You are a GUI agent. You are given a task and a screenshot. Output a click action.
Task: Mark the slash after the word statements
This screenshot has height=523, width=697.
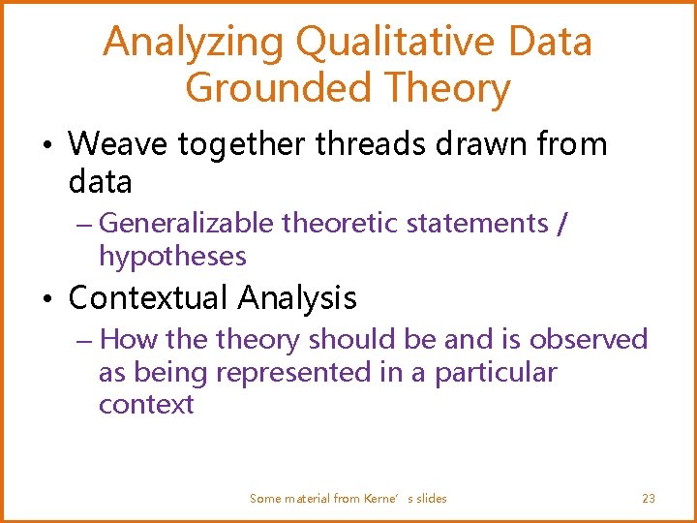tap(563, 224)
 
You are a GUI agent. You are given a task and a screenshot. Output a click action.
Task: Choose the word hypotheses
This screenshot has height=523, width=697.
tap(172, 257)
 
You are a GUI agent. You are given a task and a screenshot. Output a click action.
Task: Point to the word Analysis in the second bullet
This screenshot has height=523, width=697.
tap(295, 298)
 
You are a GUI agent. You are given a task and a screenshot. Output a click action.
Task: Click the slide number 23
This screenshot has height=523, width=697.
tap(649, 499)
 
